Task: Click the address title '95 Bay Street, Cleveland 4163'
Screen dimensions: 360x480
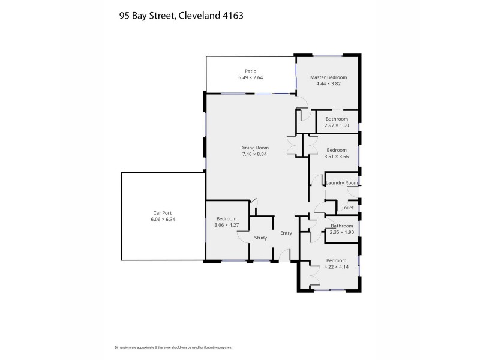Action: coord(181,17)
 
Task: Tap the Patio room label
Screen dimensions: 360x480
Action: coord(250,71)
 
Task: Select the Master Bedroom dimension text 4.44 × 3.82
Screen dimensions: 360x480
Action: coord(328,83)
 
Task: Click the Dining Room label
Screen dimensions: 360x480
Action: coord(254,148)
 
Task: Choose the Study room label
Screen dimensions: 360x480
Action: coord(260,238)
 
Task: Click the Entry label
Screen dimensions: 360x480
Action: coord(286,233)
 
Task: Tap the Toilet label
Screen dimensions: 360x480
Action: coord(347,208)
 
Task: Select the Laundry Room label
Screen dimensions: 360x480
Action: coord(342,183)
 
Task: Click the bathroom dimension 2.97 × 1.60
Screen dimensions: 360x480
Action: coord(337,125)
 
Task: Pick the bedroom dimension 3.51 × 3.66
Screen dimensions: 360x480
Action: coord(336,156)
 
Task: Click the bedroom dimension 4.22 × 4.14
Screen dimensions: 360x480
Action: coord(336,267)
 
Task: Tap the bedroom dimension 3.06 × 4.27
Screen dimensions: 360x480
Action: coord(227,225)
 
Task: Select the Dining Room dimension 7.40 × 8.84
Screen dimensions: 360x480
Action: coord(254,154)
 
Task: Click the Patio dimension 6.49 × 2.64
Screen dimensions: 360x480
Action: coord(250,77)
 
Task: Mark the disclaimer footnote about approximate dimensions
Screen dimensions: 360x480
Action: coord(173,347)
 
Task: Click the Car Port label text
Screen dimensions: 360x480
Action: coord(163,213)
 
